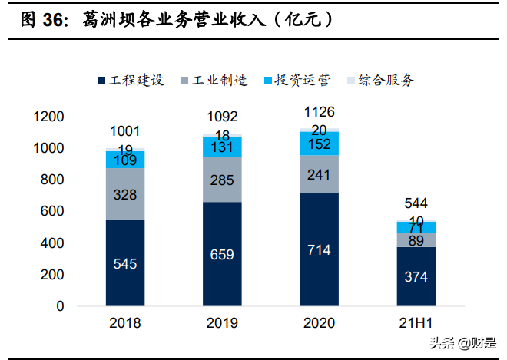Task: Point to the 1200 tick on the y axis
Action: [48, 117]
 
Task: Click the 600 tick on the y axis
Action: [53, 211]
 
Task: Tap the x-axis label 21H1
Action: [416, 323]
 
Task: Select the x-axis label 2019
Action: [222, 323]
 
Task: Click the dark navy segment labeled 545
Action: [125, 263]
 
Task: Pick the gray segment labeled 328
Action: [125, 194]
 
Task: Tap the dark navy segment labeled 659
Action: [222, 254]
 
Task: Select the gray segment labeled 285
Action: [222, 180]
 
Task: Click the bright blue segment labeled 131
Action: [222, 147]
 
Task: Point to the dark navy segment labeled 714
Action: [319, 249]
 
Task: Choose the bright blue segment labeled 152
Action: [319, 144]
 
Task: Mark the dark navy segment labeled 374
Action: [416, 276]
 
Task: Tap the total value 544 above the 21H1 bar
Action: [416, 204]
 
